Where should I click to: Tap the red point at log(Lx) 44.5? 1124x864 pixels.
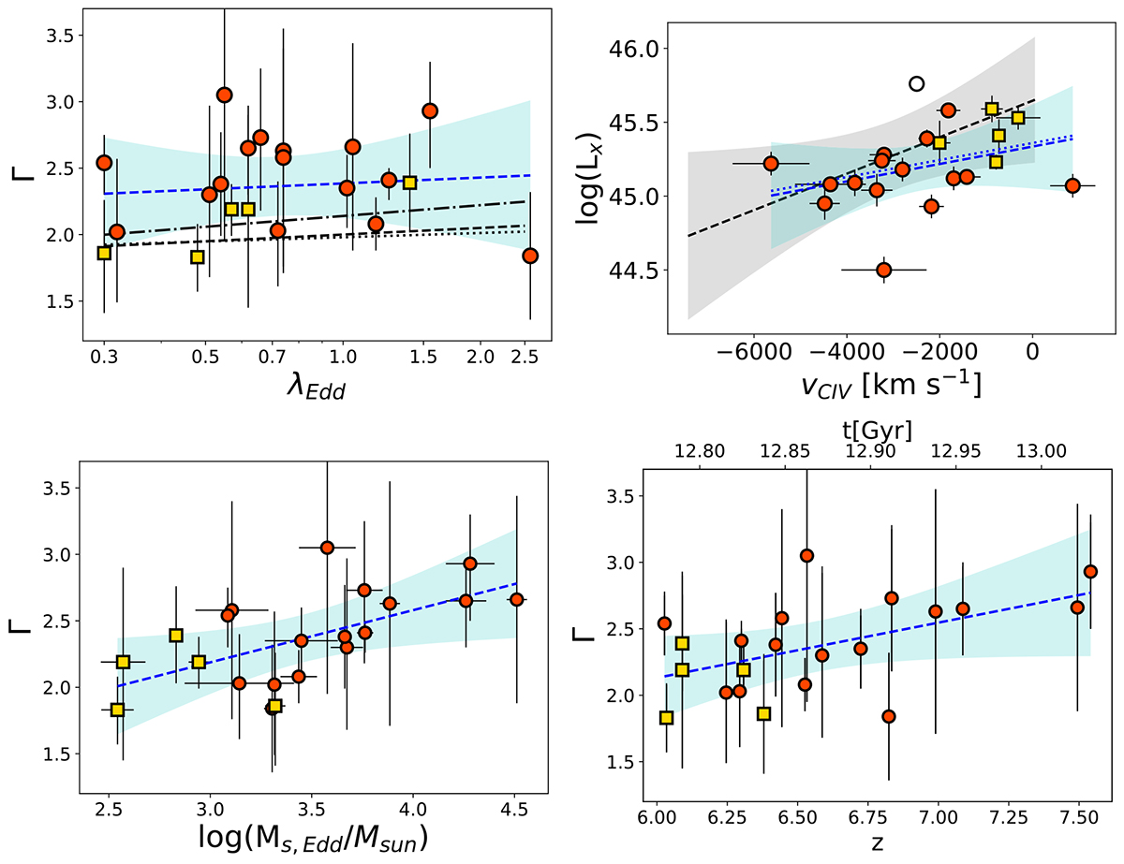[883, 270]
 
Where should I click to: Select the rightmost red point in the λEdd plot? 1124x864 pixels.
[530, 256]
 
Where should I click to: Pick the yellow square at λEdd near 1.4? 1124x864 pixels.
[409, 183]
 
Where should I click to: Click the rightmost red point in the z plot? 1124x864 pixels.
[1090, 572]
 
